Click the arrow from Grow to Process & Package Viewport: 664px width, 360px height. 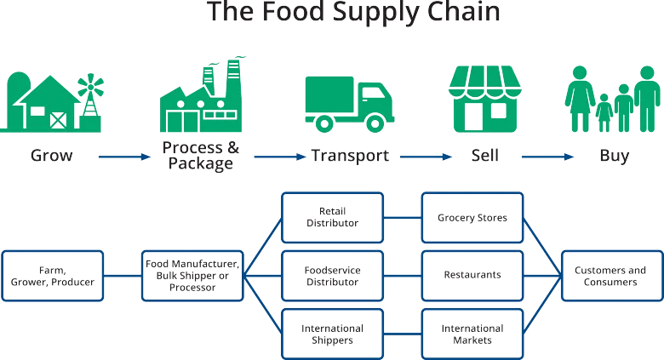click(123, 157)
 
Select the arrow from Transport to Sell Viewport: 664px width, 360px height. click(426, 157)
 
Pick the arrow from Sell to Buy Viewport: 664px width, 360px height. click(547, 157)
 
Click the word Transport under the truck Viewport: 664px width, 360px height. click(350, 157)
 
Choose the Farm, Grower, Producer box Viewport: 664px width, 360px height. click(53, 276)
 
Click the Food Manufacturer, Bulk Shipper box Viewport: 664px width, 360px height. click(192, 276)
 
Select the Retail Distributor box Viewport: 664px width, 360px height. click(332, 217)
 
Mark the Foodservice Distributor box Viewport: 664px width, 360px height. click(332, 276)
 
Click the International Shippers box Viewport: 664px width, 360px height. click(332, 334)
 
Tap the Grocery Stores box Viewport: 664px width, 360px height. click(472, 217)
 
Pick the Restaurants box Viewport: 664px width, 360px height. click(472, 276)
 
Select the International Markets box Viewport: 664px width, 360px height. click(472, 334)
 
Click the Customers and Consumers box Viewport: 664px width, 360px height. click(611, 276)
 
